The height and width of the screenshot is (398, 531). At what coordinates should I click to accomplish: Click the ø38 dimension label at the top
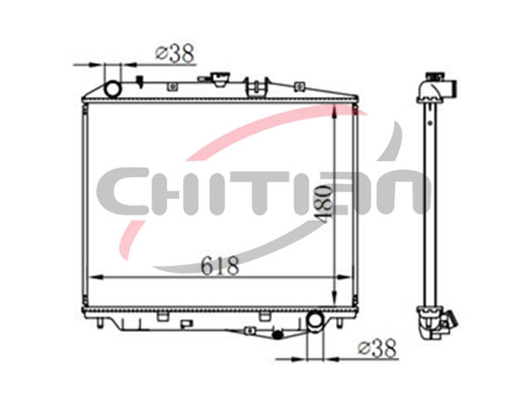(x=175, y=53)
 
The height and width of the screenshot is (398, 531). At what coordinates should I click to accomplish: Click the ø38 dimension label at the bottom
(x=378, y=348)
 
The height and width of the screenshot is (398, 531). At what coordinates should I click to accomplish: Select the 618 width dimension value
(x=220, y=265)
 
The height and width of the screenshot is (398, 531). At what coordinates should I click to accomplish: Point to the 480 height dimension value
(x=325, y=205)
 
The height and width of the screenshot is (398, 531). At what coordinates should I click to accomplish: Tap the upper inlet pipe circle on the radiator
(x=113, y=89)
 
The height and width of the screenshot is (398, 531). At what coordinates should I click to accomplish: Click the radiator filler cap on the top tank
(x=219, y=80)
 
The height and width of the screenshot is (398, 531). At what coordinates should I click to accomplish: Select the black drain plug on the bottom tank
(x=278, y=335)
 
